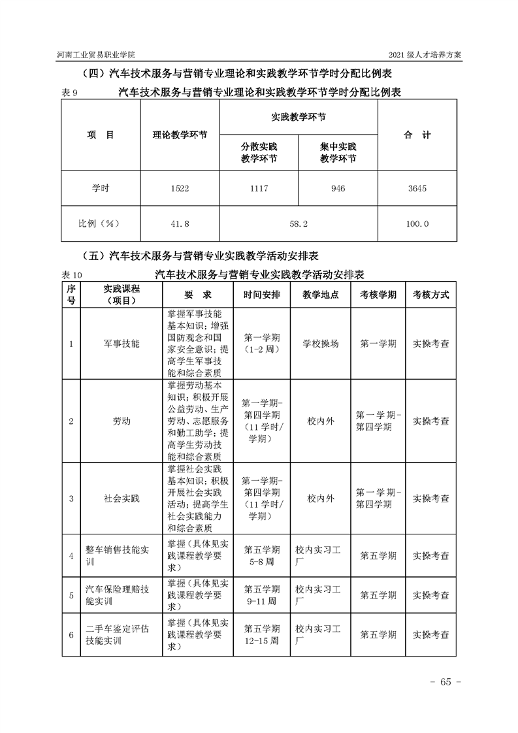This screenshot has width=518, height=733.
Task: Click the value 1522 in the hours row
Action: [180, 189]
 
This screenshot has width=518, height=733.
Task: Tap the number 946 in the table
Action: [338, 189]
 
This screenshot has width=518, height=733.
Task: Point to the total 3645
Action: [417, 189]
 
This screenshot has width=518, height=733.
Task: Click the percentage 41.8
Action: [180, 224]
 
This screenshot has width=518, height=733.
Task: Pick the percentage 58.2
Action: [298, 224]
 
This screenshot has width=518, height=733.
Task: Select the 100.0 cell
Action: [417, 224]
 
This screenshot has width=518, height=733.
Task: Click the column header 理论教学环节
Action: [180, 136]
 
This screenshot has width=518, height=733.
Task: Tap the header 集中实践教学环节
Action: [338, 152]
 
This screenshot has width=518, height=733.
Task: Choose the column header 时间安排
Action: [262, 295]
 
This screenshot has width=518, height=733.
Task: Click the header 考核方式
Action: [430, 295]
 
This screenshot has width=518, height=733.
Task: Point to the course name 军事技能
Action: [121, 343]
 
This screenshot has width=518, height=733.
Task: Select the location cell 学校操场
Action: [321, 343]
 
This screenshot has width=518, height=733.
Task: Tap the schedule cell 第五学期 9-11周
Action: [262, 595]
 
